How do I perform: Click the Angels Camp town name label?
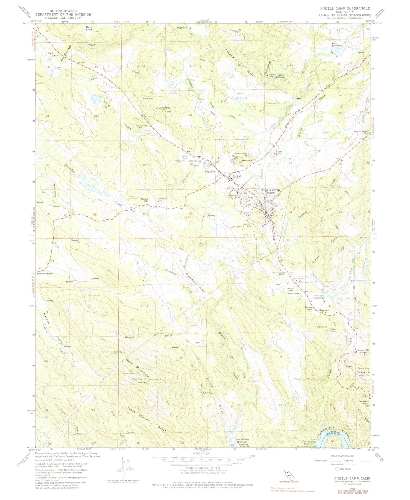click(270, 190)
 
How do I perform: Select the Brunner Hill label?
click(163, 108)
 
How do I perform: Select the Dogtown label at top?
click(181, 28)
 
